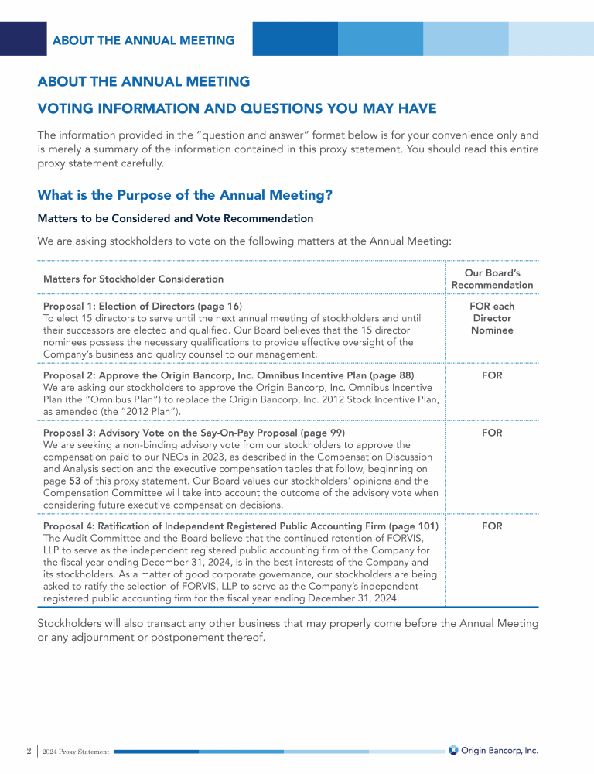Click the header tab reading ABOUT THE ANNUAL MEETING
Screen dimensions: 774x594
pos(143,40)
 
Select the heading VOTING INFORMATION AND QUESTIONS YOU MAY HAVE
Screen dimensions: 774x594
pos(237,108)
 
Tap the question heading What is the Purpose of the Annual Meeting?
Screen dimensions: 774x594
pos(185,195)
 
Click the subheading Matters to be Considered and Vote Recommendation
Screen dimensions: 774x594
pos(175,219)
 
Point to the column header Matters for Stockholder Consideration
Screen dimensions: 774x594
pos(133,279)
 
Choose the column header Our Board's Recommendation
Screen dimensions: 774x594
pos(492,279)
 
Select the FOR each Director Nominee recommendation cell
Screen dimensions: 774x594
pos(492,318)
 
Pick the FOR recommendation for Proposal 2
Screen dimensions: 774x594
pos(492,375)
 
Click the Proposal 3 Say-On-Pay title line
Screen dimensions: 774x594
pos(194,433)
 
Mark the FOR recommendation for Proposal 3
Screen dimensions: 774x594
pos(492,433)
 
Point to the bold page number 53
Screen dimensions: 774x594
pos(75,481)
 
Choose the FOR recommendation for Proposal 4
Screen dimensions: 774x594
pos(492,526)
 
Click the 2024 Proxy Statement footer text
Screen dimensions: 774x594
pos(76,751)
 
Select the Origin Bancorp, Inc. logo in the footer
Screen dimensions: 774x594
pos(493,750)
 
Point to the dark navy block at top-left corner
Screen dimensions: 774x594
pos(23,39)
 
